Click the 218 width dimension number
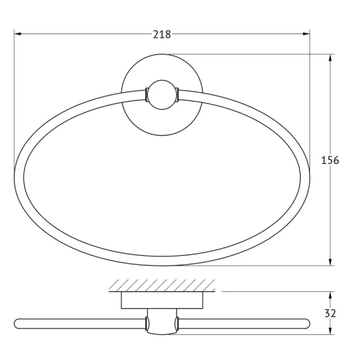(162, 35)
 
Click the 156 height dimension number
(330, 160)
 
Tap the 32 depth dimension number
(330, 313)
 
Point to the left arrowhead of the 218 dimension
(18, 34)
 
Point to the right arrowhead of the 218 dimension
(306, 34)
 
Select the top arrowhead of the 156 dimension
(330, 58)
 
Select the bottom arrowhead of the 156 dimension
(330, 262)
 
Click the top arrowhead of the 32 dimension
(330, 295)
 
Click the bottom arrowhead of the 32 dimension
(330, 330)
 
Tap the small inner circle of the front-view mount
(162, 95)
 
